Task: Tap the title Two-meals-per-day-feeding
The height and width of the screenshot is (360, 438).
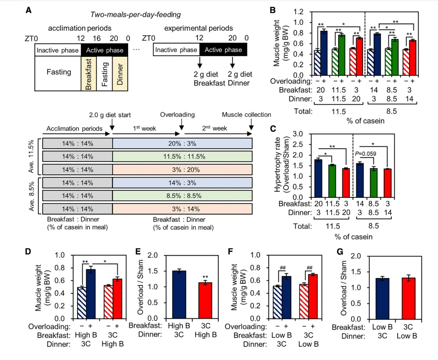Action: tap(136, 15)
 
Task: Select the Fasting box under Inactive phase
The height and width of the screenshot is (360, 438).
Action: tap(59, 72)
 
